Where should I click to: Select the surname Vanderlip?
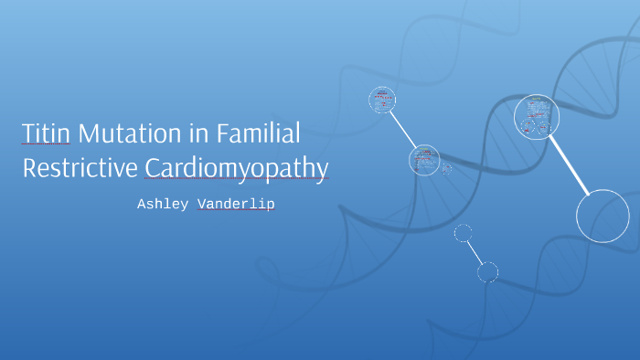(x=236, y=205)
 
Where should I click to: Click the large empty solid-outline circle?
(x=603, y=216)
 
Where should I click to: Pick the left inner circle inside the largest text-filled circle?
(x=527, y=125)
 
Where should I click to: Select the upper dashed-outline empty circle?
(x=464, y=233)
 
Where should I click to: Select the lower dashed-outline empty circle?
(x=487, y=271)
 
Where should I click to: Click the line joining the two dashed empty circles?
(x=475, y=252)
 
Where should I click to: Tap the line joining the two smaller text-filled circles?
(x=403, y=130)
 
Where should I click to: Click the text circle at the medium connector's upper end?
(x=382, y=100)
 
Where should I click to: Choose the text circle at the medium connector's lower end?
(x=424, y=160)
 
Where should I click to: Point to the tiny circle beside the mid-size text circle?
(x=446, y=168)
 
